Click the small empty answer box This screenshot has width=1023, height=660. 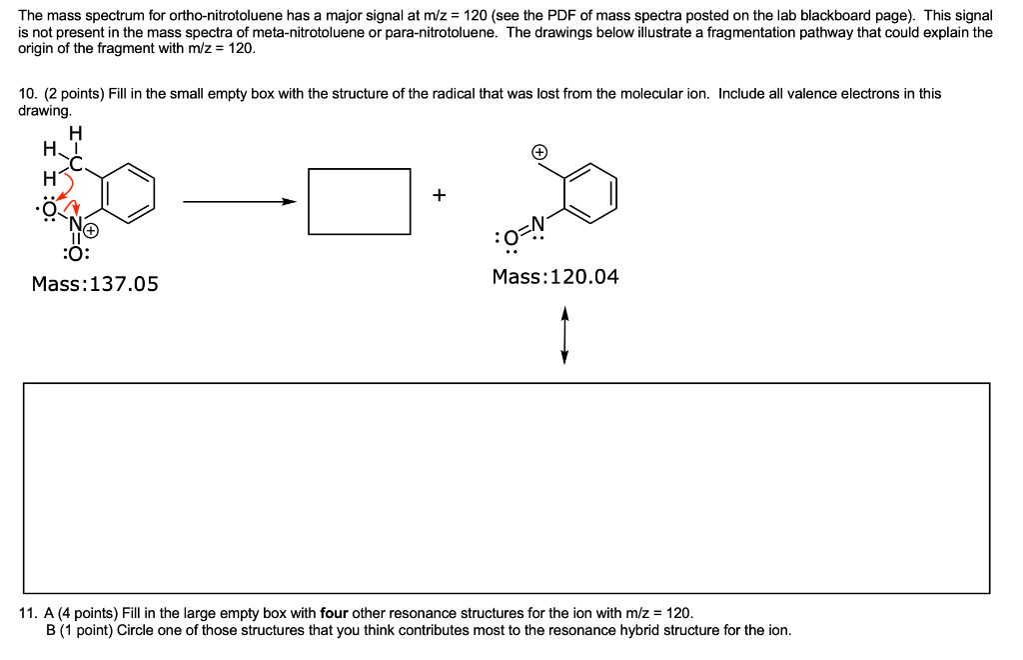tap(360, 201)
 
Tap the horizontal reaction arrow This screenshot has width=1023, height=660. tap(241, 202)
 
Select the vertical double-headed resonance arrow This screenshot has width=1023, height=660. tap(564, 335)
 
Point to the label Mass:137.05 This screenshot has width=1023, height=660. tap(95, 284)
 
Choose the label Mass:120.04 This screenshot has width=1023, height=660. tap(555, 277)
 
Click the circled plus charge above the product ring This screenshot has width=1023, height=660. tap(538, 152)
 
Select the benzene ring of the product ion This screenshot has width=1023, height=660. tap(591, 192)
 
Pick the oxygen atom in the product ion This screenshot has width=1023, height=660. tap(511, 238)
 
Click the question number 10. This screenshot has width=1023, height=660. tap(27, 94)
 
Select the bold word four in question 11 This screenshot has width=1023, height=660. tap(334, 613)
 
